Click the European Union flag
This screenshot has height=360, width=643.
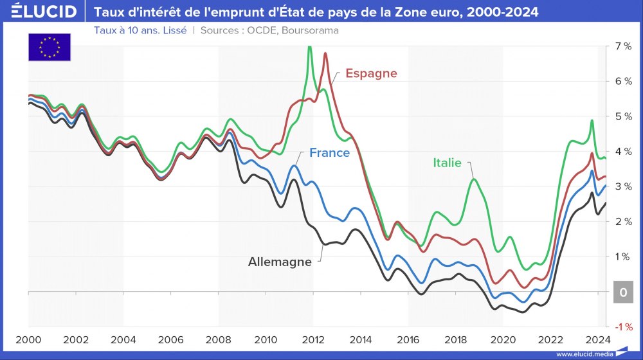click(50, 47)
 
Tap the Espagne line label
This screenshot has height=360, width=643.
click(371, 73)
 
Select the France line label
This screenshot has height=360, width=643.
click(329, 153)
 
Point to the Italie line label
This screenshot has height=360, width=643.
click(446, 163)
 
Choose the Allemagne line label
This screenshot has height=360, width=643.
click(280, 262)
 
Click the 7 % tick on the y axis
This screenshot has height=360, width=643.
click(622, 46)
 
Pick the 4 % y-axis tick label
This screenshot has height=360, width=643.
click(622, 152)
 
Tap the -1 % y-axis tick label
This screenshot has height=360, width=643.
click(621, 327)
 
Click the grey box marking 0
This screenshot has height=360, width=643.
click(622, 292)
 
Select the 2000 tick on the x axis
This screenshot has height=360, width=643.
click(28, 339)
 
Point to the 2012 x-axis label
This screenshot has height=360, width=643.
click(313, 339)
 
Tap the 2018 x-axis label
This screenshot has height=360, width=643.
click(455, 339)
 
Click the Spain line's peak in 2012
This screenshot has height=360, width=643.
click(325, 53)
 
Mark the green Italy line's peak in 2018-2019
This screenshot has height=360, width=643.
click(474, 179)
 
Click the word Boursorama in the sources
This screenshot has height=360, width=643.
click(311, 30)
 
